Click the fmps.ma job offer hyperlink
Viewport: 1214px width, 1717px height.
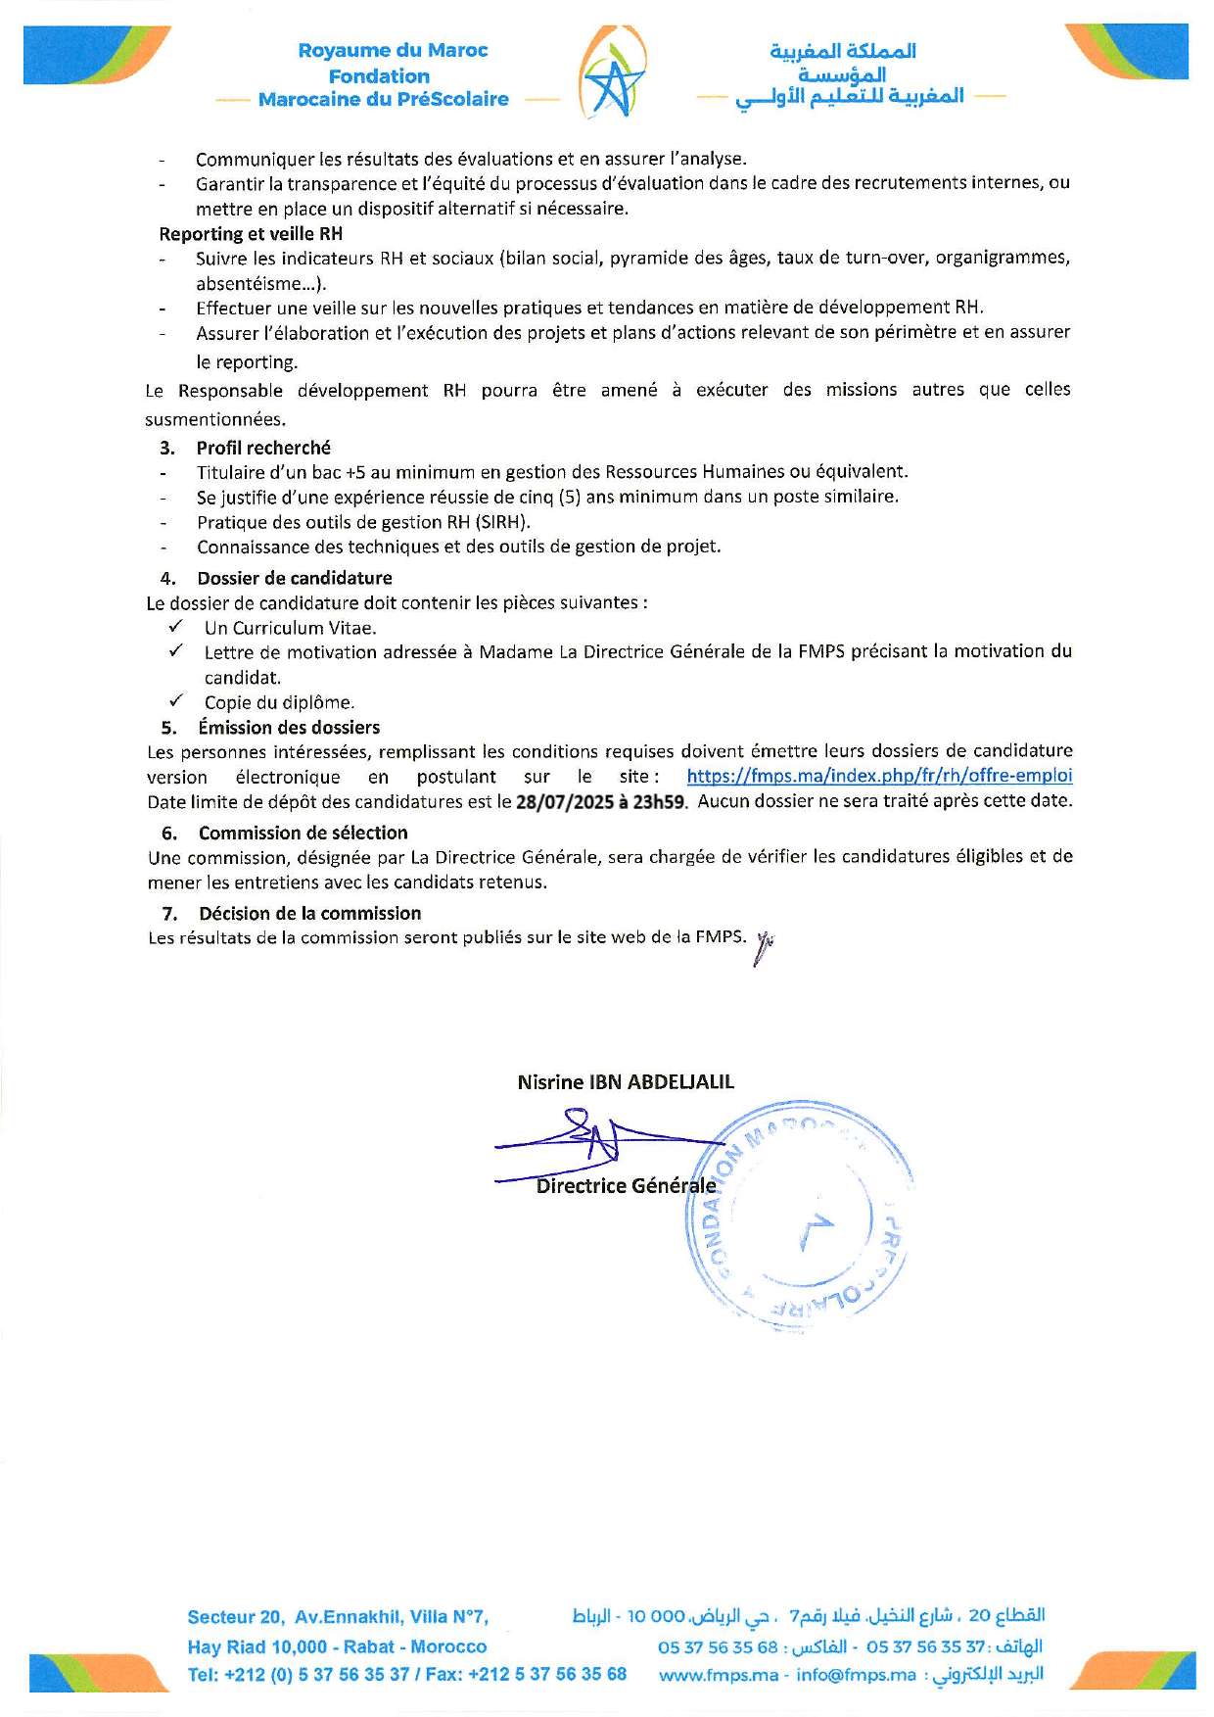[879, 776]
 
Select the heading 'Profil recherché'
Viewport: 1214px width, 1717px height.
[263, 448]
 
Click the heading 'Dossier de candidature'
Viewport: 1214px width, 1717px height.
[294, 578]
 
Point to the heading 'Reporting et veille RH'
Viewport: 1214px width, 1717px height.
[251, 234]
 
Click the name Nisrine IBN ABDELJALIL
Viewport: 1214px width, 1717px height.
[626, 1082]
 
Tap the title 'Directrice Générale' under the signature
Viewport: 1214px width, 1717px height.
[626, 1186]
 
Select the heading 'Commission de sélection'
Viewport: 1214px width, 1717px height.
[303, 833]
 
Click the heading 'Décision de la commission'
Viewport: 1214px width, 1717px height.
[309, 913]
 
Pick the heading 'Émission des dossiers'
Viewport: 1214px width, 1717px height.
[289, 728]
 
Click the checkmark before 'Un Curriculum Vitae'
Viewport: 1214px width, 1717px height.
[176, 627]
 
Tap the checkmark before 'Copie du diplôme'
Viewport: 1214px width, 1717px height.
[176, 701]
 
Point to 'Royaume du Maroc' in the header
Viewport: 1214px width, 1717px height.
[393, 50]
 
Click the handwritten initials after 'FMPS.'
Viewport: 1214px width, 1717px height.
[764, 946]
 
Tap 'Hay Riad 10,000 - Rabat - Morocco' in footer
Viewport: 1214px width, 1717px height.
[337, 1646]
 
